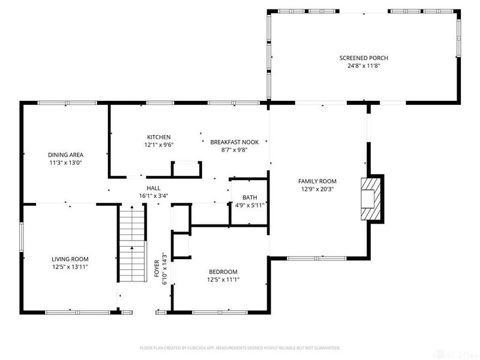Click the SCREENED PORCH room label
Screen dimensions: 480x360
click(x=364, y=58)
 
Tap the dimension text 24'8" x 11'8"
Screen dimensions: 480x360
click(x=364, y=65)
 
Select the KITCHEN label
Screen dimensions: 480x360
click(x=159, y=137)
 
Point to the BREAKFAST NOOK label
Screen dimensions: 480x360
click(x=235, y=142)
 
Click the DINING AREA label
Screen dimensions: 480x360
click(x=65, y=155)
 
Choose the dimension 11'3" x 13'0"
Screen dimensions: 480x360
click(x=65, y=163)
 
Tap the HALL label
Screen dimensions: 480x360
click(x=154, y=188)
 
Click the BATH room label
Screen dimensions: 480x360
click(x=250, y=197)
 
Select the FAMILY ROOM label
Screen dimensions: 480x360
click(x=317, y=181)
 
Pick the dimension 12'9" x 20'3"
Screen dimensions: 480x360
click(x=317, y=189)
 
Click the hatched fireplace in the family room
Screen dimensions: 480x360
click(x=371, y=199)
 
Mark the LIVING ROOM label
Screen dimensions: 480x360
click(x=70, y=259)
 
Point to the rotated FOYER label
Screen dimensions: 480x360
click(x=157, y=268)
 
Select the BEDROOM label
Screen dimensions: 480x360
click(x=223, y=272)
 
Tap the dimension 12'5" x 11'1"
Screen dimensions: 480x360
click(x=223, y=280)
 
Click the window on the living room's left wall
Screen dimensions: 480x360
click(x=22, y=237)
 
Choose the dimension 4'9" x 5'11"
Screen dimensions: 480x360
click(x=250, y=205)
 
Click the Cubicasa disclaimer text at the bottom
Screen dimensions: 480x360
click(x=240, y=348)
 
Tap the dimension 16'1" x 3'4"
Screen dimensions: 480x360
click(x=154, y=196)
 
